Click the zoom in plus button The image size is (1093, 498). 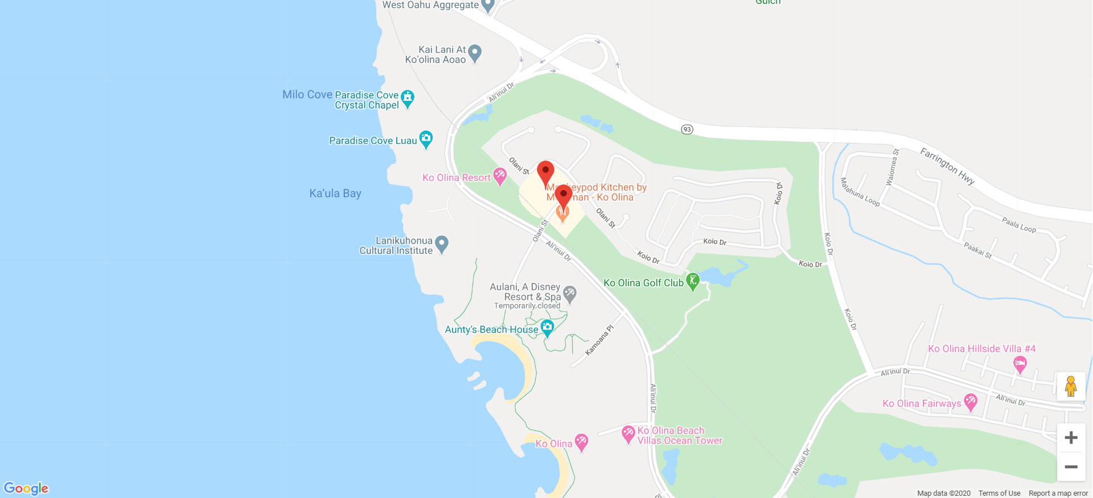(1071, 438)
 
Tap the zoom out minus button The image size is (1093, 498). (1071, 467)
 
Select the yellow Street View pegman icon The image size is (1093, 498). (1071, 386)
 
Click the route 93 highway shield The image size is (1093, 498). (687, 129)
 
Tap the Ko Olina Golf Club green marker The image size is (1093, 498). (693, 281)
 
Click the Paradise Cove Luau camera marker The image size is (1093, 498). (426, 139)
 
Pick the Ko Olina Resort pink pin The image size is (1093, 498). (500, 176)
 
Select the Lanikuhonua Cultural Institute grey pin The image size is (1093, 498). (442, 245)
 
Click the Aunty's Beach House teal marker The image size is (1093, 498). (547, 328)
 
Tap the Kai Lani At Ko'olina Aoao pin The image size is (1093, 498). (475, 53)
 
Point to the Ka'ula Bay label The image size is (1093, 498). (335, 194)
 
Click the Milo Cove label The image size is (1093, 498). (307, 94)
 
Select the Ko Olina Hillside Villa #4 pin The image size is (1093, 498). (1020, 364)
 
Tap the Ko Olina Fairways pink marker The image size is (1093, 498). (971, 402)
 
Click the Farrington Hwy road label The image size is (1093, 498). (947, 166)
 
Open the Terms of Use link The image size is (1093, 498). (999, 493)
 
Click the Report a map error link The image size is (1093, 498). (1058, 493)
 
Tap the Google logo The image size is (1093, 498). (26, 488)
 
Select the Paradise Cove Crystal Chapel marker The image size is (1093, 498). (408, 98)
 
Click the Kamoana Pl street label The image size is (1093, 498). (599, 340)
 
